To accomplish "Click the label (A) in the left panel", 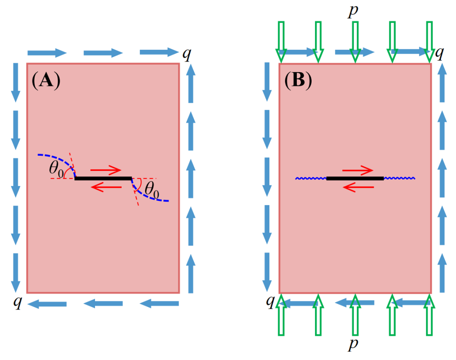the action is click(46, 80).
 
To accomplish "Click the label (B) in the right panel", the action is click(298, 80).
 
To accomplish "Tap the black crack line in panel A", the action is click(103, 178).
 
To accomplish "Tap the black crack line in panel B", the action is click(355, 178).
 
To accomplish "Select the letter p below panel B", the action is click(353, 344).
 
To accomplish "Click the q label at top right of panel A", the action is click(187, 54).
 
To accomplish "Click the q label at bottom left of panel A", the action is click(18, 303).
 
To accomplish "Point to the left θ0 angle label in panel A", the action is click(56, 169).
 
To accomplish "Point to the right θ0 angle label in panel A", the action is click(152, 189).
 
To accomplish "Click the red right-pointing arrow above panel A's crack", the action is click(106, 170).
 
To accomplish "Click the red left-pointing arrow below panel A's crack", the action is click(106, 187).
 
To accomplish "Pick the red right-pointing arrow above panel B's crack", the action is click(358, 170).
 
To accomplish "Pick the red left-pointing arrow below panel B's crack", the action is click(358, 187).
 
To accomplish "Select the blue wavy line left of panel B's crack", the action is click(311, 178).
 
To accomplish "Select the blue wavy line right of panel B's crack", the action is click(399, 178).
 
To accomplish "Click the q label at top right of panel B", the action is click(439, 54).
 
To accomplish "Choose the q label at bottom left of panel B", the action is click(271, 301).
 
